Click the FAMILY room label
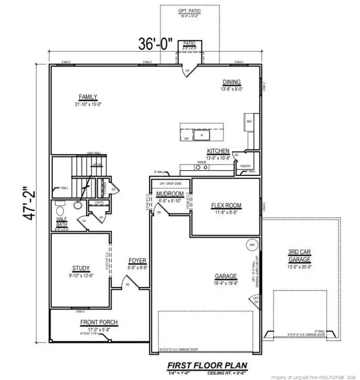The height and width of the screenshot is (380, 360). click(88, 97)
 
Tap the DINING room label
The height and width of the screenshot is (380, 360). click(231, 82)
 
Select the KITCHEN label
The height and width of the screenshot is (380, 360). click(218, 151)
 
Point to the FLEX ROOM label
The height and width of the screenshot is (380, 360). click(226, 205)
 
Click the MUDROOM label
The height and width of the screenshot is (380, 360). click(170, 194)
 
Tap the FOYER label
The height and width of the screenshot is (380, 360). click(138, 260)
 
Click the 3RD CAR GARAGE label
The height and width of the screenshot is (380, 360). click(300, 255)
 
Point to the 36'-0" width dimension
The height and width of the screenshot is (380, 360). click(155, 44)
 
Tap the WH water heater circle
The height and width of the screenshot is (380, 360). click(252, 244)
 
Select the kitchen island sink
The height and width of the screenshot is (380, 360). click(201, 135)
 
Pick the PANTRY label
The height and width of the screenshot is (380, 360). click(246, 166)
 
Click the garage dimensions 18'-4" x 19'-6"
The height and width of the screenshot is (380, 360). click(226, 284)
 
